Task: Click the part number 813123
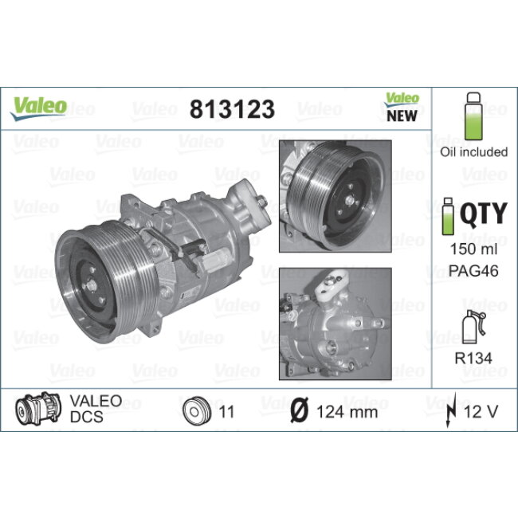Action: click(231, 110)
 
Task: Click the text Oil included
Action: click(473, 151)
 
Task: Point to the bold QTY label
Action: click(484, 213)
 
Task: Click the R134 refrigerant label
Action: click(473, 359)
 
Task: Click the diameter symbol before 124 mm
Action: click(300, 411)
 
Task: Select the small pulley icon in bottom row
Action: click(195, 411)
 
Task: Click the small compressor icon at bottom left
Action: click(35, 410)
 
